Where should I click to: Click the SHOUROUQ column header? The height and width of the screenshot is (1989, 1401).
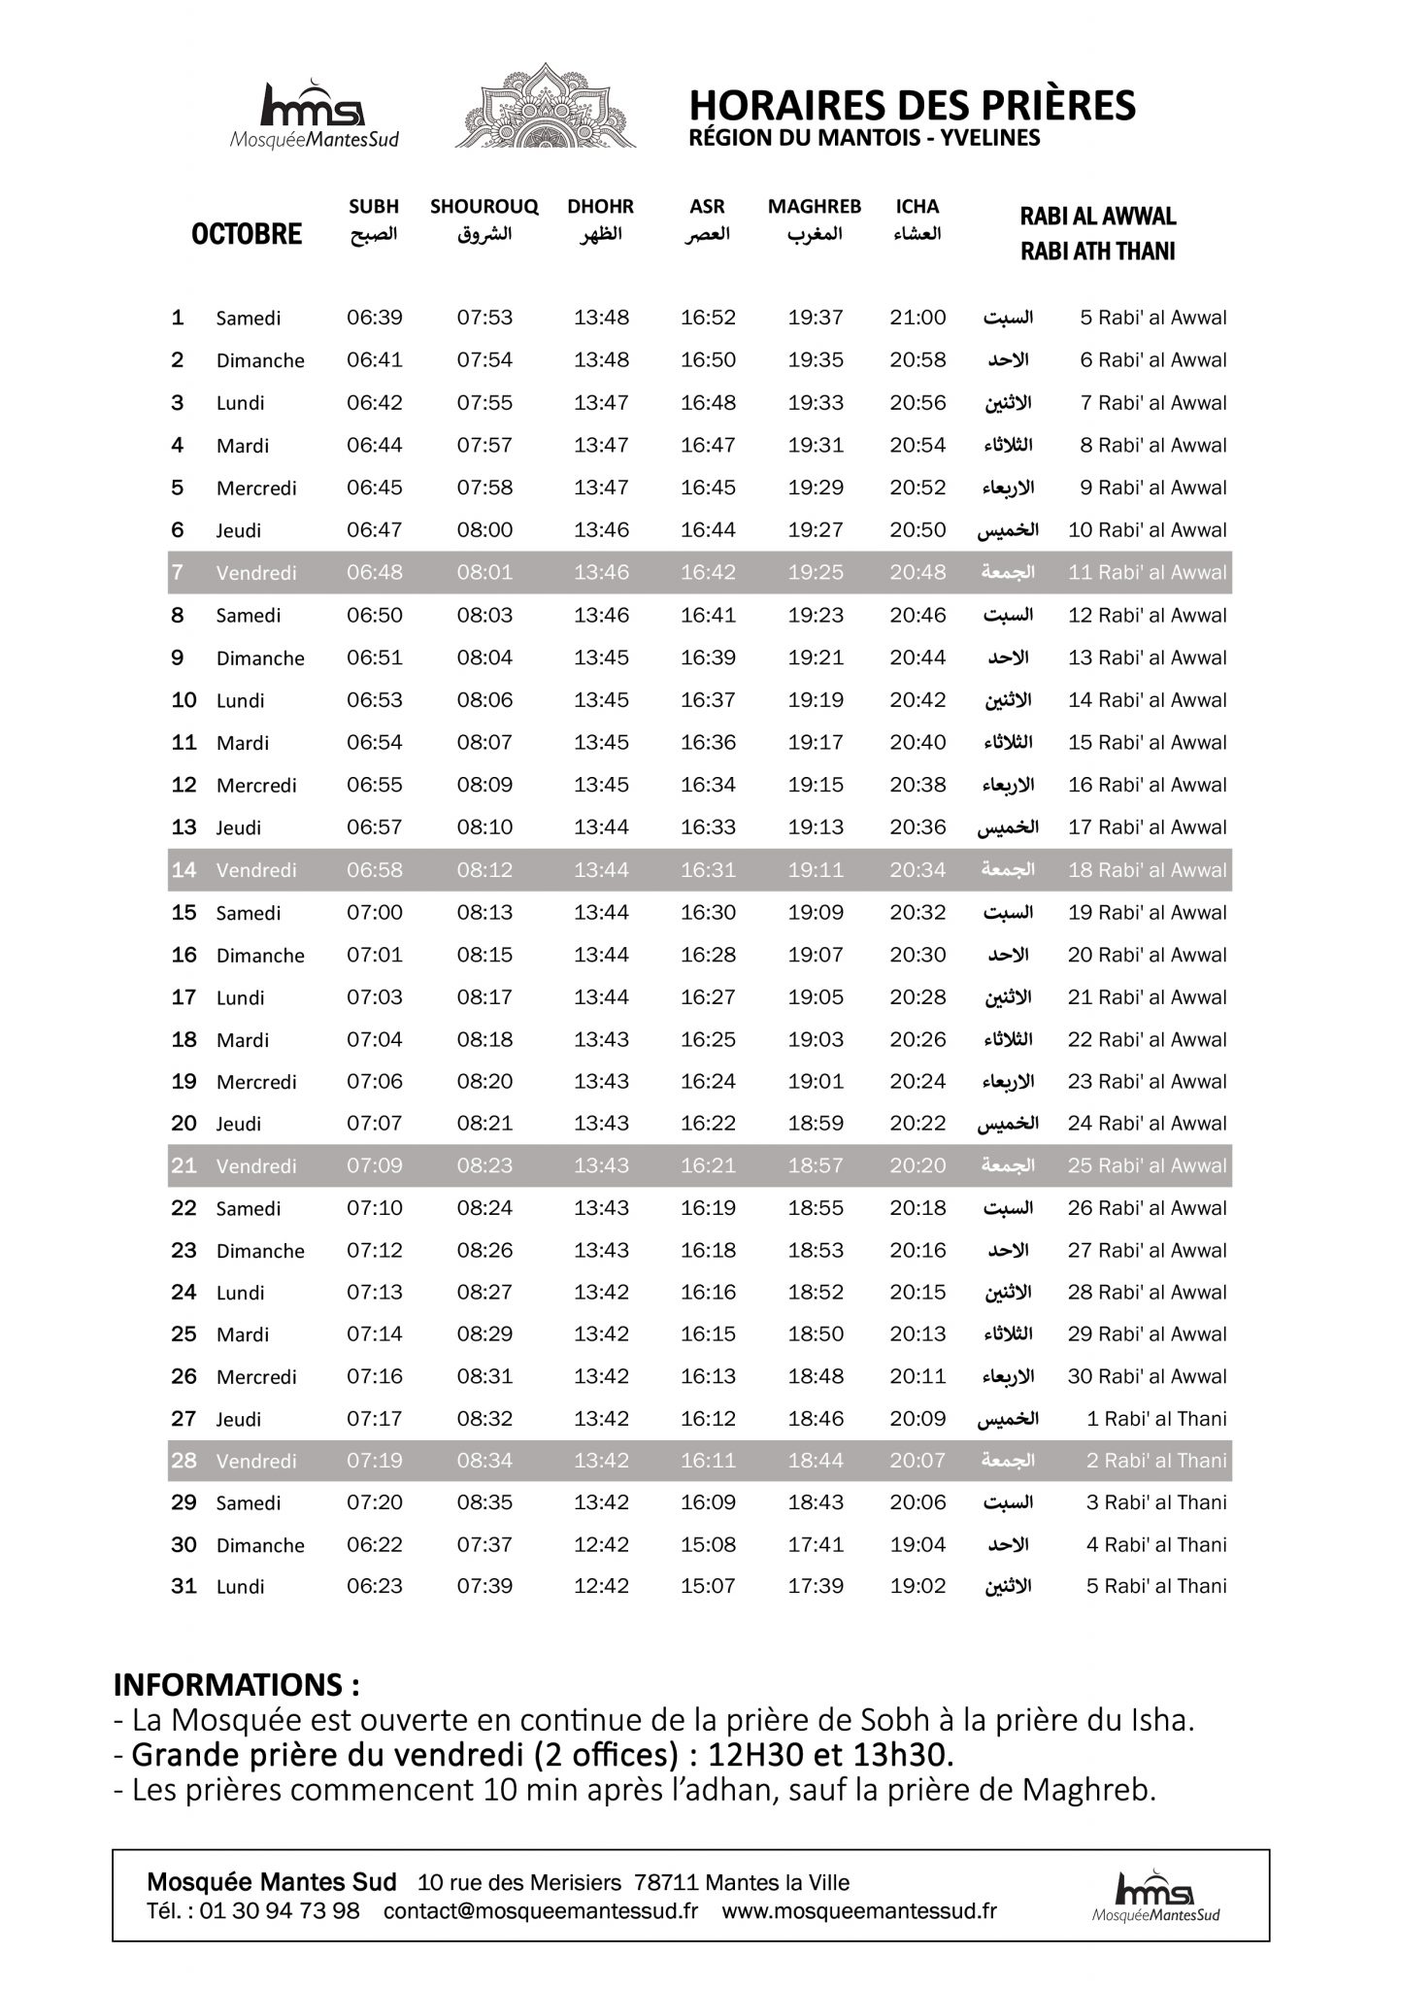pos(484,207)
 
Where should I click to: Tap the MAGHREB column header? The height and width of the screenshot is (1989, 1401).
pos(814,207)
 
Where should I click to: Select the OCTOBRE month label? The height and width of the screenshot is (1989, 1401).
pos(247,234)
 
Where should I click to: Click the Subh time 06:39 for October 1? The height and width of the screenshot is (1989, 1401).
pos(374,318)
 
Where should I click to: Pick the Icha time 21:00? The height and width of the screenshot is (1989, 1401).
pos(917,318)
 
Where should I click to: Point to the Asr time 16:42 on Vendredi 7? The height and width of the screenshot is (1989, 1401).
pos(708,572)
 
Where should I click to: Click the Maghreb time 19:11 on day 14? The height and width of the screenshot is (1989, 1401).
pos(816,870)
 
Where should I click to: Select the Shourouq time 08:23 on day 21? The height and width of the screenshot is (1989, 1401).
pos(484,1165)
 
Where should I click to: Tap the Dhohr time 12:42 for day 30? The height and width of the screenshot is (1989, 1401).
pos(601,1545)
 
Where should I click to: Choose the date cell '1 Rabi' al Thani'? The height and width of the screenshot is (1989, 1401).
pos(1156,1419)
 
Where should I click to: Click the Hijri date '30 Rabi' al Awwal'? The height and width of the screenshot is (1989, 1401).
pos(1147,1376)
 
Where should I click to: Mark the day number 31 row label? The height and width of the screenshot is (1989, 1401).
pos(183,1587)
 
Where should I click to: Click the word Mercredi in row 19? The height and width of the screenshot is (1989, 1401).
pos(256,1082)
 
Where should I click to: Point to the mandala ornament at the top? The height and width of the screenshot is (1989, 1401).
pos(546,106)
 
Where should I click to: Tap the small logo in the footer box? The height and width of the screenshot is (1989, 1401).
pos(1155,1896)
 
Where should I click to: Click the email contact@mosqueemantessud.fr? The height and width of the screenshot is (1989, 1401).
pos(541,1911)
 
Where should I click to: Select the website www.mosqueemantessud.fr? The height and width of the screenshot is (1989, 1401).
pos(858,1911)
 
